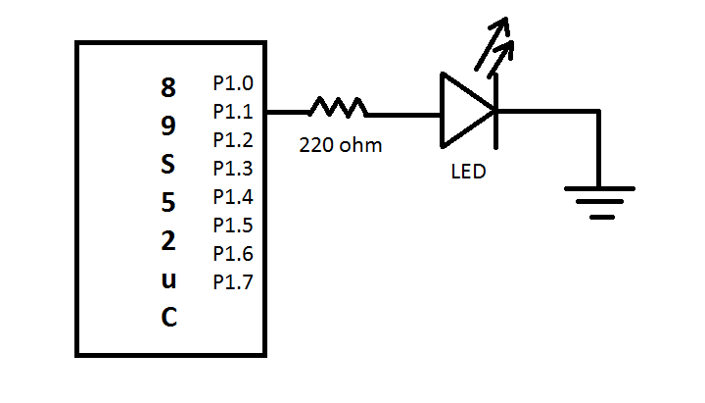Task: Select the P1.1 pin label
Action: click(x=232, y=111)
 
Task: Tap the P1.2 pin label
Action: click(x=232, y=139)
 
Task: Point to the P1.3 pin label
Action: click(x=232, y=168)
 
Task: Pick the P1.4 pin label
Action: click(x=232, y=196)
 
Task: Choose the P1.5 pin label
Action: click(x=232, y=226)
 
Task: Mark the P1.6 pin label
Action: click(x=232, y=254)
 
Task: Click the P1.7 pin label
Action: click(x=232, y=282)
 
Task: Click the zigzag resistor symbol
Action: click(x=338, y=107)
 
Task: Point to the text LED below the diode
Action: click(x=468, y=172)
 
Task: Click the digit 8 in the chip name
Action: click(x=168, y=88)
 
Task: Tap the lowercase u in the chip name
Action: click(x=168, y=280)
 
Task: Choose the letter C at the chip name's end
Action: click(x=168, y=319)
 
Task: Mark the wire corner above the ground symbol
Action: click(x=596, y=112)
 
